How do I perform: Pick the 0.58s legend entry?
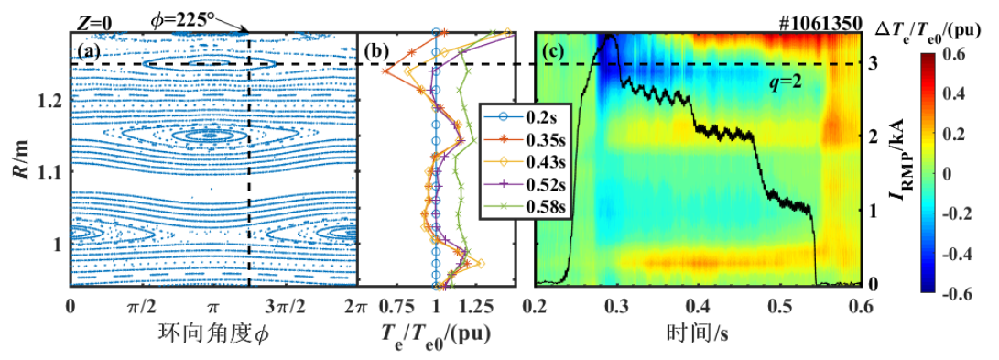[527, 206]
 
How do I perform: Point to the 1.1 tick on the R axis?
[53, 172]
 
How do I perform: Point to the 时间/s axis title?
[699, 333]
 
